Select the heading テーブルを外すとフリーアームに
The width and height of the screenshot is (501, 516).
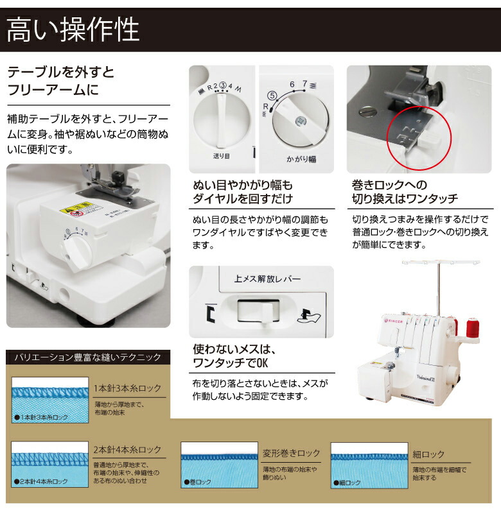pyautogui.click(x=60, y=80)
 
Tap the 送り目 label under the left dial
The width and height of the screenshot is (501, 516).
pyautogui.click(x=221, y=156)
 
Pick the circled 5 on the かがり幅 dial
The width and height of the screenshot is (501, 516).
pyautogui.click(x=272, y=95)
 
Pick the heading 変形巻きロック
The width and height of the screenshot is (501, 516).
pyautogui.click(x=291, y=452)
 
